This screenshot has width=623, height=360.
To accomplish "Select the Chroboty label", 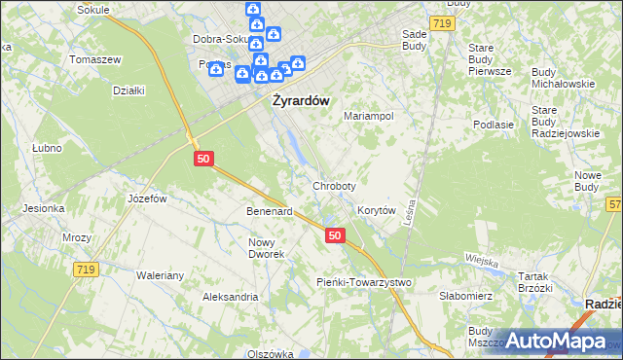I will click(x=334, y=185).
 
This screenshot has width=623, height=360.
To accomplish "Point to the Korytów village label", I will click(x=376, y=209).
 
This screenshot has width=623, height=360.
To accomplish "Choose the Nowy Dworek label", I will click(x=266, y=248).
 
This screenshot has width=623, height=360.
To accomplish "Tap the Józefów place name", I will click(x=148, y=198).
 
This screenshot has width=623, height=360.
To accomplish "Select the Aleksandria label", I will click(x=230, y=296).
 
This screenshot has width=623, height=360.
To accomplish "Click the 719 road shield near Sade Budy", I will click(x=444, y=21).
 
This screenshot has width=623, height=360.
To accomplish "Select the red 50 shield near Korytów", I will click(x=335, y=235).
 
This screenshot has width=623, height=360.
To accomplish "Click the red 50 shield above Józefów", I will click(x=202, y=158).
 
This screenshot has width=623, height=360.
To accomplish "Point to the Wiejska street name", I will click(x=482, y=260).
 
